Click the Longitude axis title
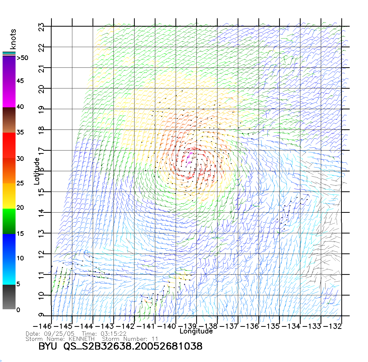tap(196, 331)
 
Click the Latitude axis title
tap(37, 171)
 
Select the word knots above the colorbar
tap(13, 39)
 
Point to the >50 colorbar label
tap(22, 58)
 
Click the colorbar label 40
tap(20, 107)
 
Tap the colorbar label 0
tap(18, 310)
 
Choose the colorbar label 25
tap(20, 183)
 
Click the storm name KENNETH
tap(82, 339)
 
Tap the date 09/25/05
tap(59, 334)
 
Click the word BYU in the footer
tap(48, 346)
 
